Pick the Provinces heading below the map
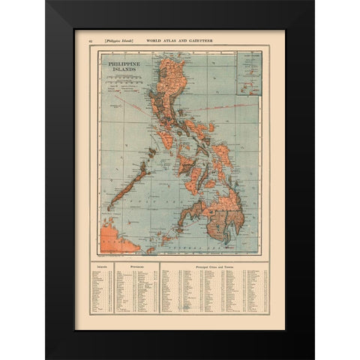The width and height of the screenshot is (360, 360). (135, 265)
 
